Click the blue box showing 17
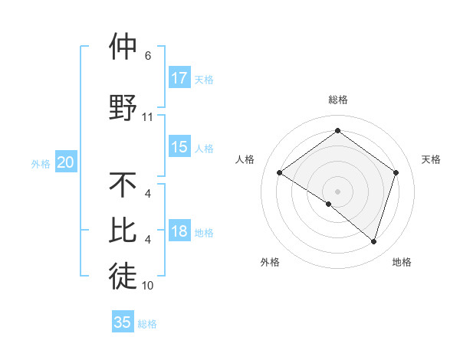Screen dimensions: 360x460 179,77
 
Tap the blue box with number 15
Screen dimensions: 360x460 179,147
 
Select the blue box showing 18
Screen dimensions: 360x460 179,231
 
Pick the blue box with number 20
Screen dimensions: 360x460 66,162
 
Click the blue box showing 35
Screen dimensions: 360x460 123,322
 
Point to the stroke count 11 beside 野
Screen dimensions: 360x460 148,117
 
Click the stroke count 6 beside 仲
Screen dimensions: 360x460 147,56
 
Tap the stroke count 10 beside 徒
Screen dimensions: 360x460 148,286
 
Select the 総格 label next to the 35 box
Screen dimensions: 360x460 147,324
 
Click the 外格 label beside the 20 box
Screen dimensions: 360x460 41,164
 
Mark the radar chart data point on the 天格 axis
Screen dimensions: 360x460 396,173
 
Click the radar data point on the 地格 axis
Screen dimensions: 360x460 373,241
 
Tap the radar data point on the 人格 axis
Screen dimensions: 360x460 280,173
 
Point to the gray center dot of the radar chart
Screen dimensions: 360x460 337,191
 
